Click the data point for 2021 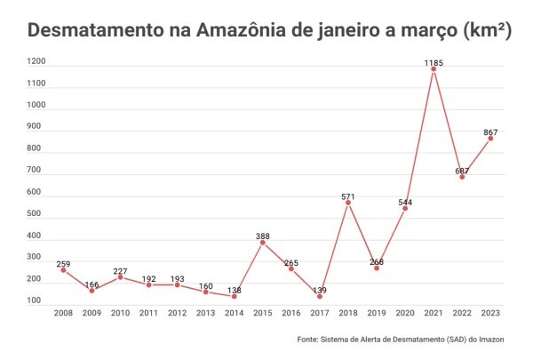[x=434, y=68]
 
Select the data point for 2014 [x=235, y=296]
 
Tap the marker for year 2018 [x=348, y=203]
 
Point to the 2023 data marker [x=490, y=138]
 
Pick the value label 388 [x=263, y=236]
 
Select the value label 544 [x=405, y=202]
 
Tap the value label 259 [x=63, y=264]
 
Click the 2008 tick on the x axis [x=63, y=313]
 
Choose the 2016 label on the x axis [x=291, y=313]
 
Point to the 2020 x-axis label [x=405, y=313]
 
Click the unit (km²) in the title [x=487, y=30]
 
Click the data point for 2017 [x=320, y=296]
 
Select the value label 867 [x=490, y=132]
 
